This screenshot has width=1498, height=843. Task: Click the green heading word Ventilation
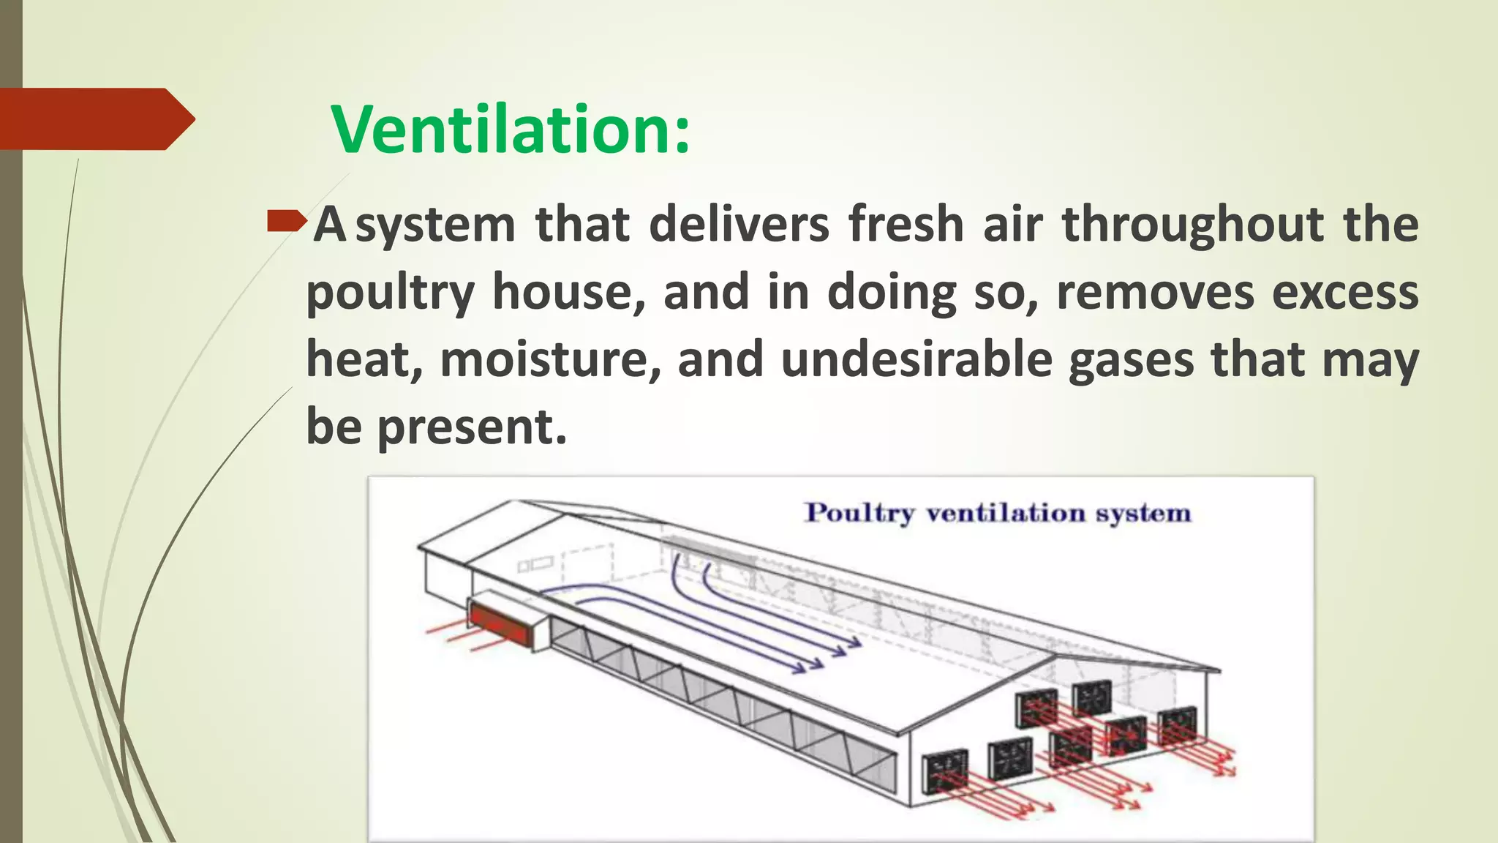[x=510, y=130]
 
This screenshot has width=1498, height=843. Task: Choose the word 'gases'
[x=1131, y=361]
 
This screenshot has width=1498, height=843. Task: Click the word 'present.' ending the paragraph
[x=472, y=427]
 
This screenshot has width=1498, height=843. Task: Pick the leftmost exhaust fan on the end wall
[x=945, y=770]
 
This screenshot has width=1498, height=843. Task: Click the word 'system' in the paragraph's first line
[x=436, y=225]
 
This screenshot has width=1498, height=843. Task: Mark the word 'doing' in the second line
[x=891, y=293]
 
